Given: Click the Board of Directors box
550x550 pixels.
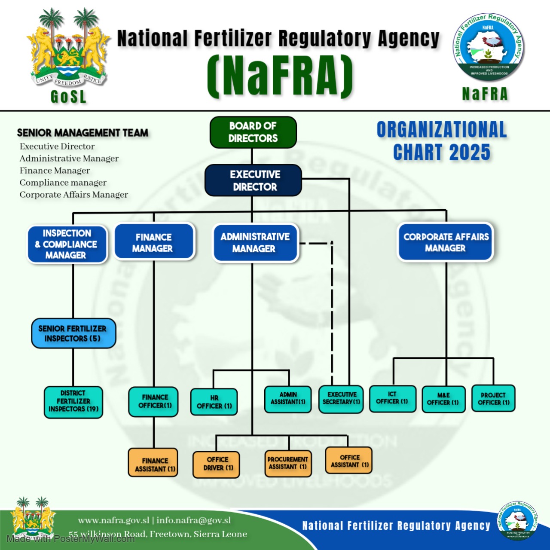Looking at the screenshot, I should coord(253,132).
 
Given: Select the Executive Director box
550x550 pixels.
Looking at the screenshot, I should coord(253,180).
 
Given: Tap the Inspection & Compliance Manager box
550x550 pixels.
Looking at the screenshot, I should coord(67,244).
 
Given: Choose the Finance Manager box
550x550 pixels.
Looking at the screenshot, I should coord(154,242).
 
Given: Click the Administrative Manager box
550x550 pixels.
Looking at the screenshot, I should coord(255,243).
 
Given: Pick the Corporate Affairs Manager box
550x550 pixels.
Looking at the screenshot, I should coord(446,242).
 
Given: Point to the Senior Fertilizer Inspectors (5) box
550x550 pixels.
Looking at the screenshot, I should coord(73,333).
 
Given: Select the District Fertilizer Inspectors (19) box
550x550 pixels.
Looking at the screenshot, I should coord(73,402).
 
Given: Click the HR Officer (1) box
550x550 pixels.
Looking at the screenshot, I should coord(214,402).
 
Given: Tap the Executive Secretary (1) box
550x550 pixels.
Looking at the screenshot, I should coord(341,399).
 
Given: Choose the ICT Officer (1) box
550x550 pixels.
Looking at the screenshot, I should coord(392,398).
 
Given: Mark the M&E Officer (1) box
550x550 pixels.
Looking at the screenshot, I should coord(443,399).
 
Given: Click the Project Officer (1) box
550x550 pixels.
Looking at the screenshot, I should coord(493,398).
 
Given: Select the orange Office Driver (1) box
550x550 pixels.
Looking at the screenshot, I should coord(216,464).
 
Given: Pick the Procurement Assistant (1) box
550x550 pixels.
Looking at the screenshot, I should coord(287,463).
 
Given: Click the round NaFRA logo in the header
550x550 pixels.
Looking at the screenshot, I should coord(489,47).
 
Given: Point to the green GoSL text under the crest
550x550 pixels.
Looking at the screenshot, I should coord(69,97).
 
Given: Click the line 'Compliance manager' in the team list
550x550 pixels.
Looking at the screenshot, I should coord(63,183).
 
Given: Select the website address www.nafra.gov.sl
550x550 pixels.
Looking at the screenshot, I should coord(113,520).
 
